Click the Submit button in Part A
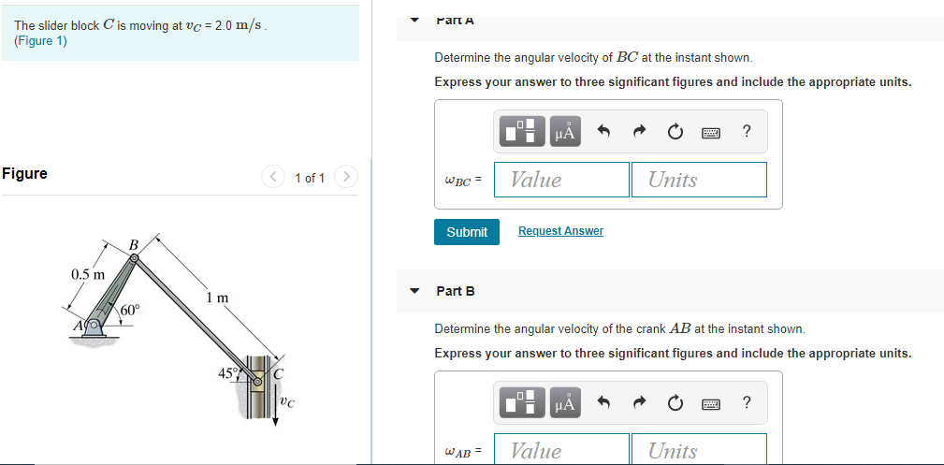(x=466, y=231)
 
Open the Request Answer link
(x=560, y=231)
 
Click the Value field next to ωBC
(x=561, y=180)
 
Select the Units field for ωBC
(x=699, y=180)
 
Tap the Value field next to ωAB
(x=561, y=450)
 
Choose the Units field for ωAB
(x=699, y=450)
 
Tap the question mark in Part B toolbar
(x=746, y=403)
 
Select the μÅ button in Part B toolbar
(x=564, y=403)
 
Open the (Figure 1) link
(x=40, y=41)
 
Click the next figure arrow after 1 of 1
(x=346, y=177)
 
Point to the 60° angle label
(x=129, y=309)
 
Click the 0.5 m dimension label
(x=88, y=274)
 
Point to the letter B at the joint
(x=133, y=245)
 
